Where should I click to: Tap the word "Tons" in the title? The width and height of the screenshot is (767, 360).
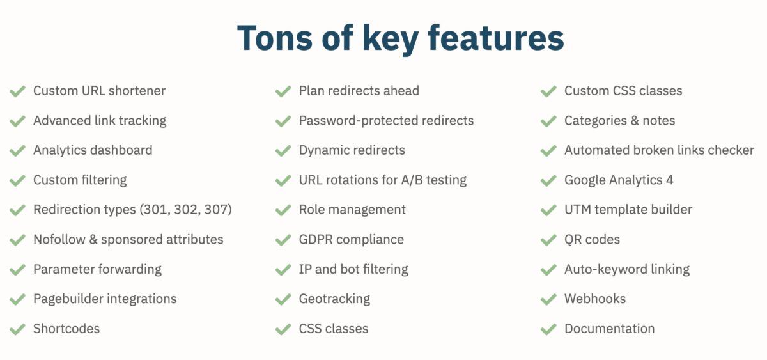[275, 38]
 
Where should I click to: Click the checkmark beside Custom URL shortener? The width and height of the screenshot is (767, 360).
[17, 91]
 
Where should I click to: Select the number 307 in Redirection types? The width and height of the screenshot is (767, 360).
[216, 209]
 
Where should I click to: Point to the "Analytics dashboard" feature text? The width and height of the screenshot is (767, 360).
[93, 150]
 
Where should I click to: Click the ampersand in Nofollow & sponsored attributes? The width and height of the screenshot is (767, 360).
[93, 239]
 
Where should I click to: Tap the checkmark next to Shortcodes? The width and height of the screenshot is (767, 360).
[17, 329]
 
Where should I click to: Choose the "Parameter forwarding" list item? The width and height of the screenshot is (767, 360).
[97, 269]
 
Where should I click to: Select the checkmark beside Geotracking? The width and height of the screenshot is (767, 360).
[283, 299]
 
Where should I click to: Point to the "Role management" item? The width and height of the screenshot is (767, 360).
[352, 209]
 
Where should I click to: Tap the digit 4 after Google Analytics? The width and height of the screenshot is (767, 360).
[669, 180]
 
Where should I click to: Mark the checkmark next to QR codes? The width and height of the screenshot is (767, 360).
[548, 240]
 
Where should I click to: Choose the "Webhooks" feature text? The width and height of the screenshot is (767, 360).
[595, 299]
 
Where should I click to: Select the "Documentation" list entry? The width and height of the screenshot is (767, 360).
[610, 329]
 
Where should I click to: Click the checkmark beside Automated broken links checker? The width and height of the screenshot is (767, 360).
[548, 151]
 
